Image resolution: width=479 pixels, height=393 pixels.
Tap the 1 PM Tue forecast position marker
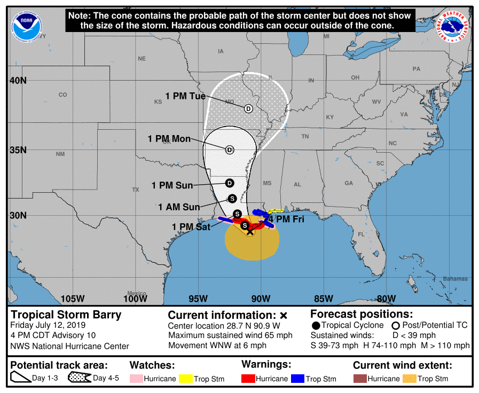[248, 108]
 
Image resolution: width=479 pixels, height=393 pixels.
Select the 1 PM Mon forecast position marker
[230, 150]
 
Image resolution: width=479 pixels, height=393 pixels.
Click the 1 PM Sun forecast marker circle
[230, 183]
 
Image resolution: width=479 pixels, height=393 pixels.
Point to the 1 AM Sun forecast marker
[232, 198]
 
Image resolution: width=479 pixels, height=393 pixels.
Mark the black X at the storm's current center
[250, 231]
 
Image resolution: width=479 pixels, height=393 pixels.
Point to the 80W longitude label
[386, 298]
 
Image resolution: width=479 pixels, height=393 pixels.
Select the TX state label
[136, 190]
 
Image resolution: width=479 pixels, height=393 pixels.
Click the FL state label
[361, 234]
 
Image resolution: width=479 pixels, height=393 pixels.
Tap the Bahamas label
[455, 279]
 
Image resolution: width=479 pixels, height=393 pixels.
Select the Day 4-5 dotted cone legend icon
[78, 378]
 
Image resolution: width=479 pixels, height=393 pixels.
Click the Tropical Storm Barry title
[66, 315]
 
